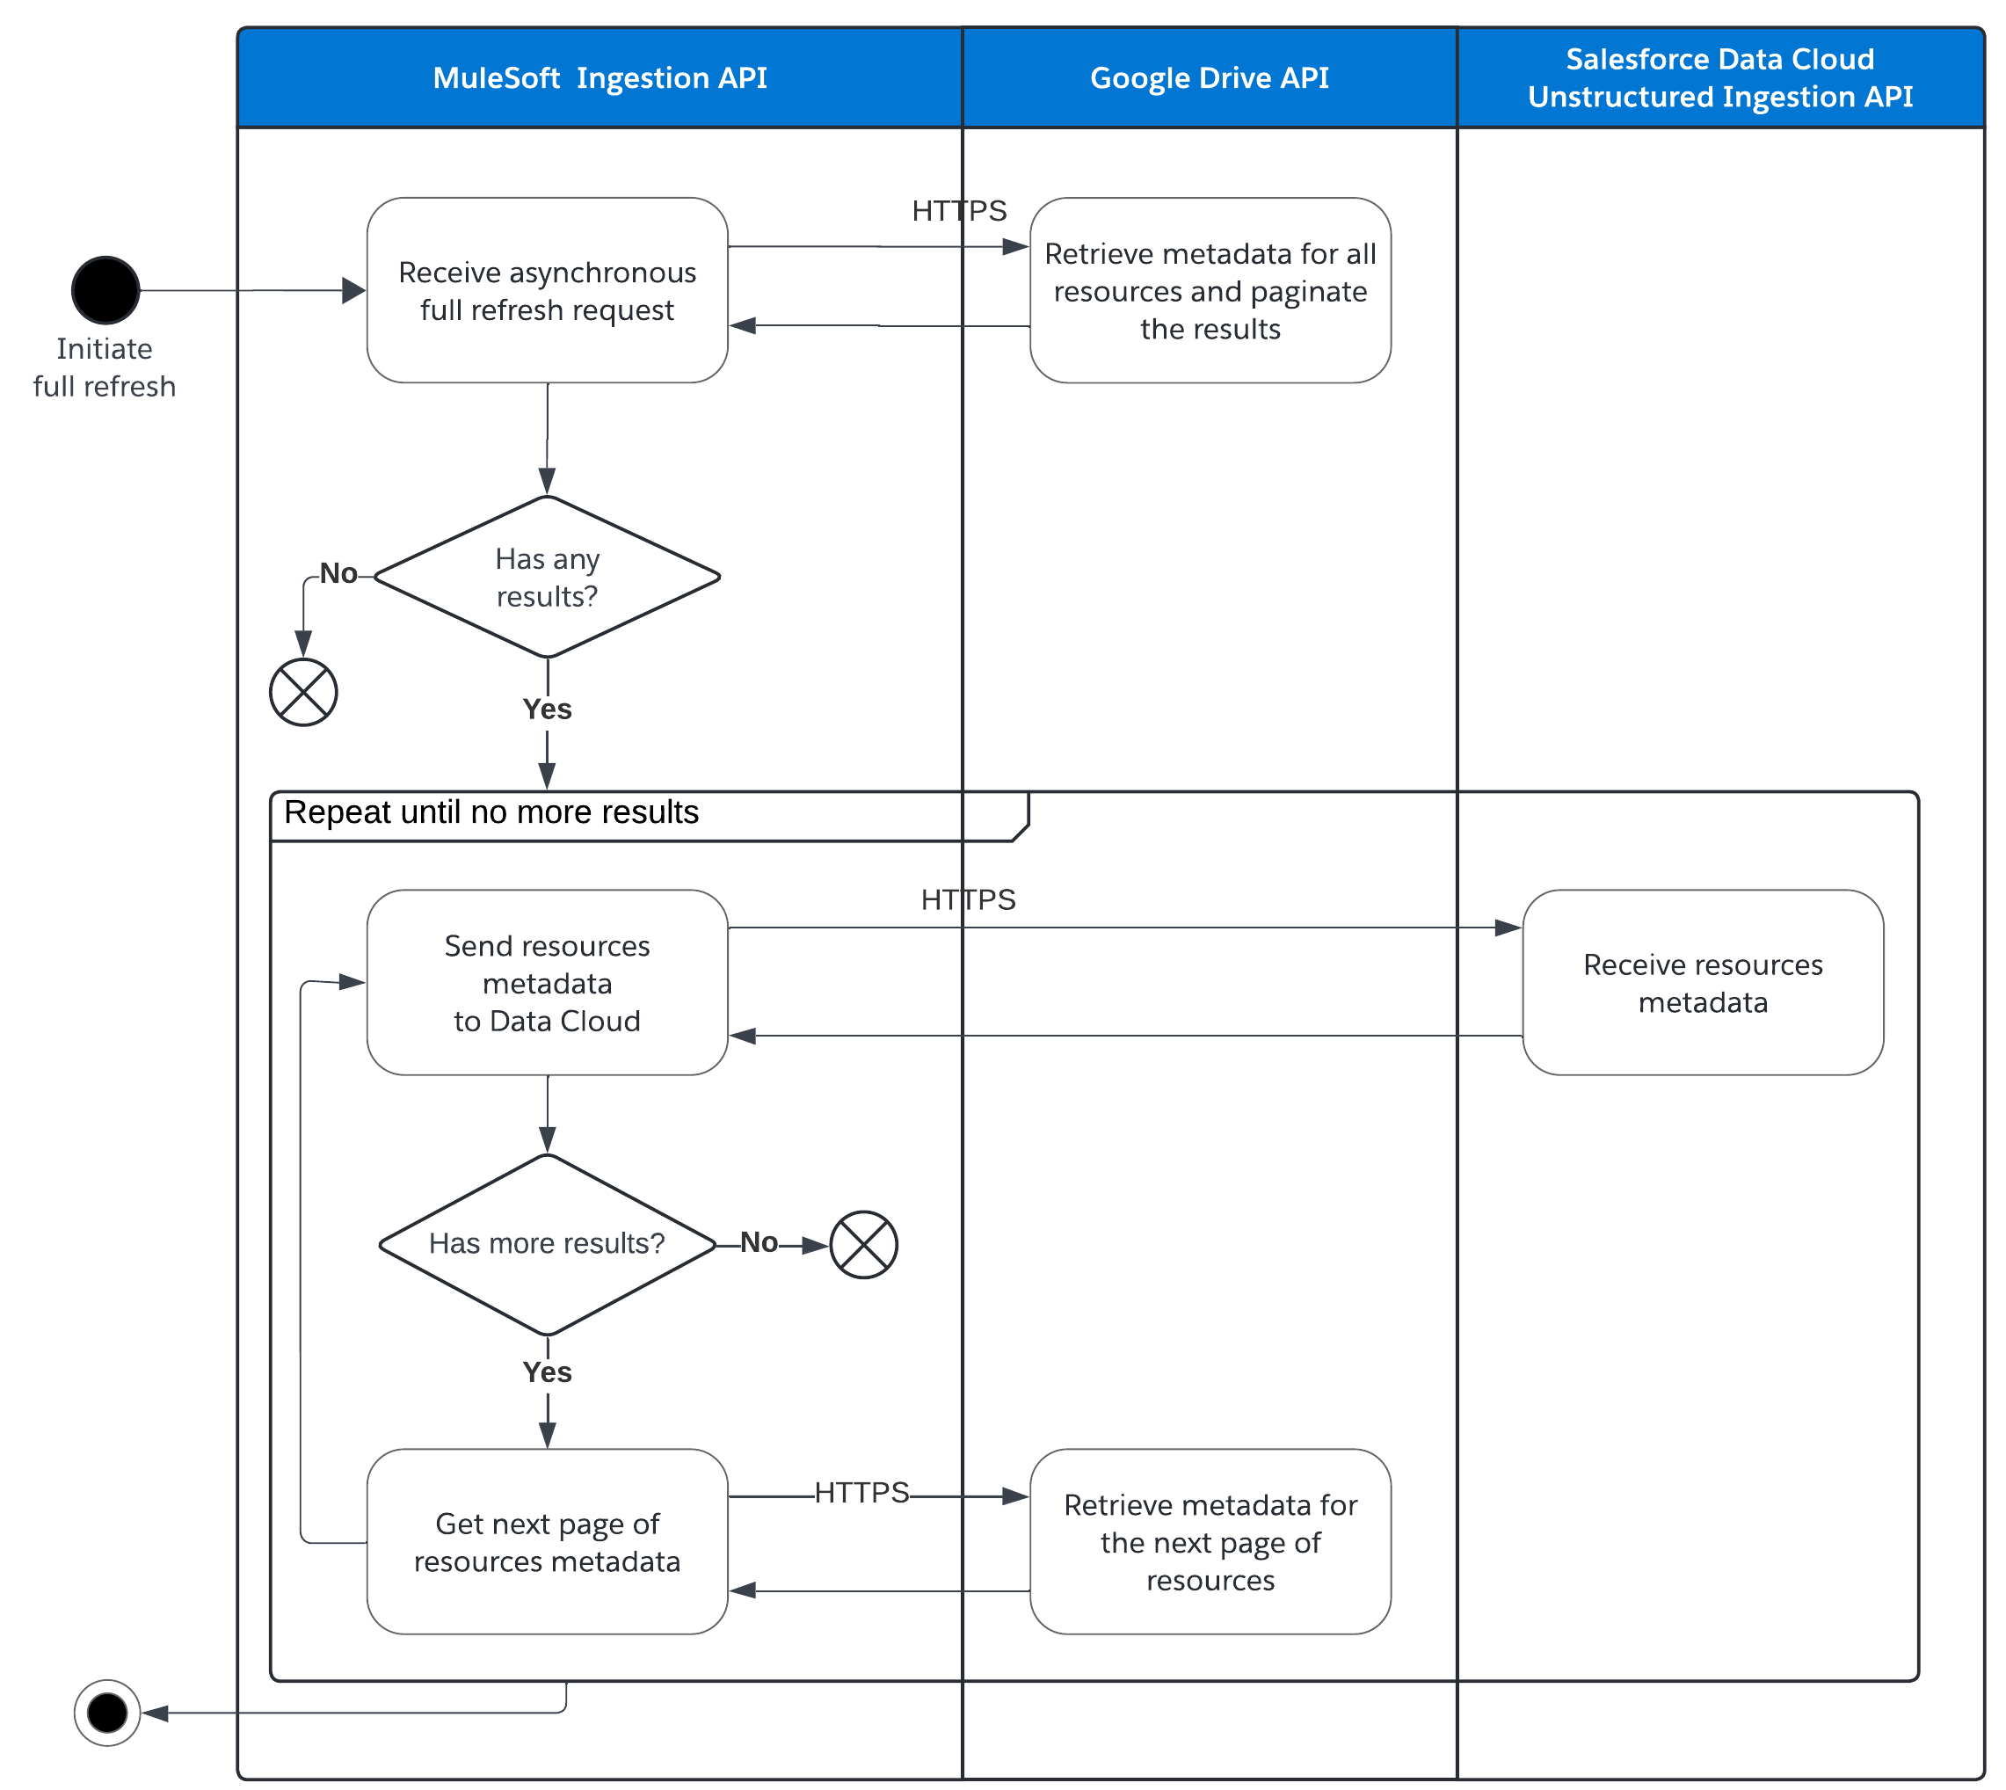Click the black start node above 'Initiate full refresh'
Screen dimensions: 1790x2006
(x=105, y=290)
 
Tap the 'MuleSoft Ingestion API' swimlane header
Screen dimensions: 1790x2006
(x=600, y=77)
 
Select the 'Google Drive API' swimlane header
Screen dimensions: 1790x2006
(x=1209, y=77)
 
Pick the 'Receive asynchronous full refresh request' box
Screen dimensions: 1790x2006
(x=547, y=290)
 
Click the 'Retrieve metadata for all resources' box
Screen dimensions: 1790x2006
(x=1210, y=290)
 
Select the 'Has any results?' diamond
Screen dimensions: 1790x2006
(x=547, y=578)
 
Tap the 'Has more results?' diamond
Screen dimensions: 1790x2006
(x=547, y=1243)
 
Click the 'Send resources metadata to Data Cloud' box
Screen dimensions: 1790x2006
(x=547, y=983)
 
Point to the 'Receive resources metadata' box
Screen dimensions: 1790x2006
(x=1702, y=983)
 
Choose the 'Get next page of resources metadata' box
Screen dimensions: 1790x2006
(x=547, y=1541)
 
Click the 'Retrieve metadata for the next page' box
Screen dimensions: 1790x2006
(x=1210, y=1541)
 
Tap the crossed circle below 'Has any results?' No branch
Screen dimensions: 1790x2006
(x=304, y=693)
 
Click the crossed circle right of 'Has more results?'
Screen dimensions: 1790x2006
(x=863, y=1244)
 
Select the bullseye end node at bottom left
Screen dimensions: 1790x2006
(x=107, y=1713)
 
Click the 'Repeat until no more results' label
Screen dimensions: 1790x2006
(x=491, y=812)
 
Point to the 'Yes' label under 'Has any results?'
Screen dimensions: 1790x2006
(x=547, y=709)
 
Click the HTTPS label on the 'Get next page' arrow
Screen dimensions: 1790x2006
(x=861, y=1492)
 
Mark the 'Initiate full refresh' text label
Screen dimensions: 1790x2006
(x=105, y=367)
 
